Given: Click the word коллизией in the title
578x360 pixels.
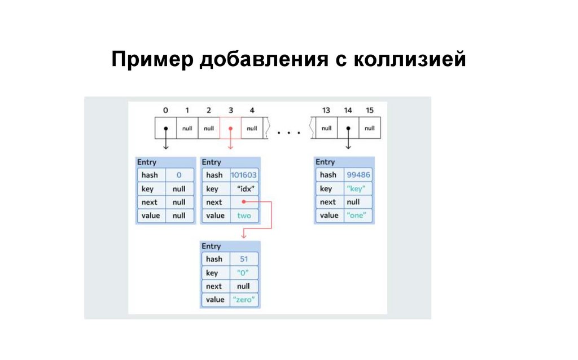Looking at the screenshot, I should (x=410, y=59).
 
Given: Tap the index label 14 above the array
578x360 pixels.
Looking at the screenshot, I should (x=348, y=109).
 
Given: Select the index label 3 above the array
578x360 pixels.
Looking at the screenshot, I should (x=230, y=109).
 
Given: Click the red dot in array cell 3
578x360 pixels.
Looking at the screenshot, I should (x=230, y=128).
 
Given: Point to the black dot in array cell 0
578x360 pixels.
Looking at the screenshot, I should (x=165, y=128).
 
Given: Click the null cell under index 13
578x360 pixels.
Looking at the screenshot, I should (x=326, y=128).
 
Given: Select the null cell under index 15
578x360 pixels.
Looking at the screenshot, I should (x=369, y=128).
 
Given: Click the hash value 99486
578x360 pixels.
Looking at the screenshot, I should (x=358, y=175).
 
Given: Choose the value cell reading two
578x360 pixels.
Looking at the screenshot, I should (x=244, y=216).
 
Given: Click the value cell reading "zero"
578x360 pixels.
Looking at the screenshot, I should (x=244, y=300).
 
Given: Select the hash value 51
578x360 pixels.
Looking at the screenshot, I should (x=244, y=259).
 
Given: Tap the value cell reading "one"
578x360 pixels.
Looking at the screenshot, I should (x=358, y=216).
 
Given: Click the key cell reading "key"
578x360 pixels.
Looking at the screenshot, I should (x=358, y=188).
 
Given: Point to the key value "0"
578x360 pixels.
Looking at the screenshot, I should (x=244, y=273).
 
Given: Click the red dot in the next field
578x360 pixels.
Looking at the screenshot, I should (x=243, y=201).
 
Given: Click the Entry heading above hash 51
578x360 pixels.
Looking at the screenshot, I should (x=211, y=247).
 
